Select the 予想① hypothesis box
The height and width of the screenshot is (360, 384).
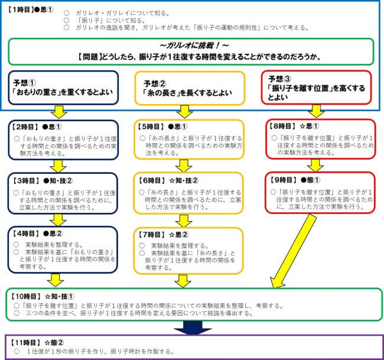coord(61,87)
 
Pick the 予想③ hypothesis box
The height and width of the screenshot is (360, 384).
coord(317,87)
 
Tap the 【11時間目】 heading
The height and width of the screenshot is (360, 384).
coord(27,342)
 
